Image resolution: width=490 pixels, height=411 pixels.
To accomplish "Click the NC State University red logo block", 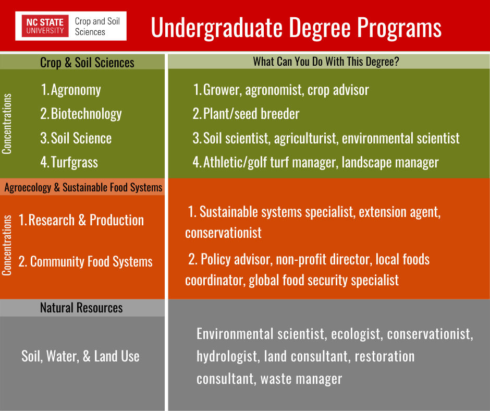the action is click(45, 26).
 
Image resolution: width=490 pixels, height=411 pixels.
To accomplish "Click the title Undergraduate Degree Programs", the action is click(296, 28).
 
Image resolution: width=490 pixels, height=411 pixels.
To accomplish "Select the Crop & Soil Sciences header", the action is click(87, 63).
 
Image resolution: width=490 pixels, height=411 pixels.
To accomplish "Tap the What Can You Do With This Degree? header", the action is click(326, 62).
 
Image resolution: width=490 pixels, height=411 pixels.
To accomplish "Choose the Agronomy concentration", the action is click(71, 90).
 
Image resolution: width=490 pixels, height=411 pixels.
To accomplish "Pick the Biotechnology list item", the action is click(81, 114).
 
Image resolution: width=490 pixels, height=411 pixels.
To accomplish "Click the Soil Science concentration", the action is click(76, 138).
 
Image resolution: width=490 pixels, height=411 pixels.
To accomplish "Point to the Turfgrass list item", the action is click(69, 162).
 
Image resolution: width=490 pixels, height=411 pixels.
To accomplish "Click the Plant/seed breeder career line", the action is click(246, 114).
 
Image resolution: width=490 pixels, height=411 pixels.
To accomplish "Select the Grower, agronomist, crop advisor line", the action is click(281, 90).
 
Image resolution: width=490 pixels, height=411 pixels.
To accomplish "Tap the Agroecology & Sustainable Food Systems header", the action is click(83, 187).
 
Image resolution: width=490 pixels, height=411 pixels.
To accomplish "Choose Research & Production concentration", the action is click(81, 220).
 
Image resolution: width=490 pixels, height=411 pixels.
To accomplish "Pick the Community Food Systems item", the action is click(85, 261).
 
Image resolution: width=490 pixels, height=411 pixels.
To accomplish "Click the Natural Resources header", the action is click(81, 308).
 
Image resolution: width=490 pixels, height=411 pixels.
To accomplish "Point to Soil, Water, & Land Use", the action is click(80, 356).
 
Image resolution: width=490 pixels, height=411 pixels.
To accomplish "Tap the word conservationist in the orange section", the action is click(224, 233).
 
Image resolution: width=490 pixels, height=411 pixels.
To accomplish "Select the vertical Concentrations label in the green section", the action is click(7, 124).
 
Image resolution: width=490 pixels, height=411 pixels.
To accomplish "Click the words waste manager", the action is click(301, 379).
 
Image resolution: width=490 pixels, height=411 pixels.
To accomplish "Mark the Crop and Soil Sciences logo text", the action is click(97, 26).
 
